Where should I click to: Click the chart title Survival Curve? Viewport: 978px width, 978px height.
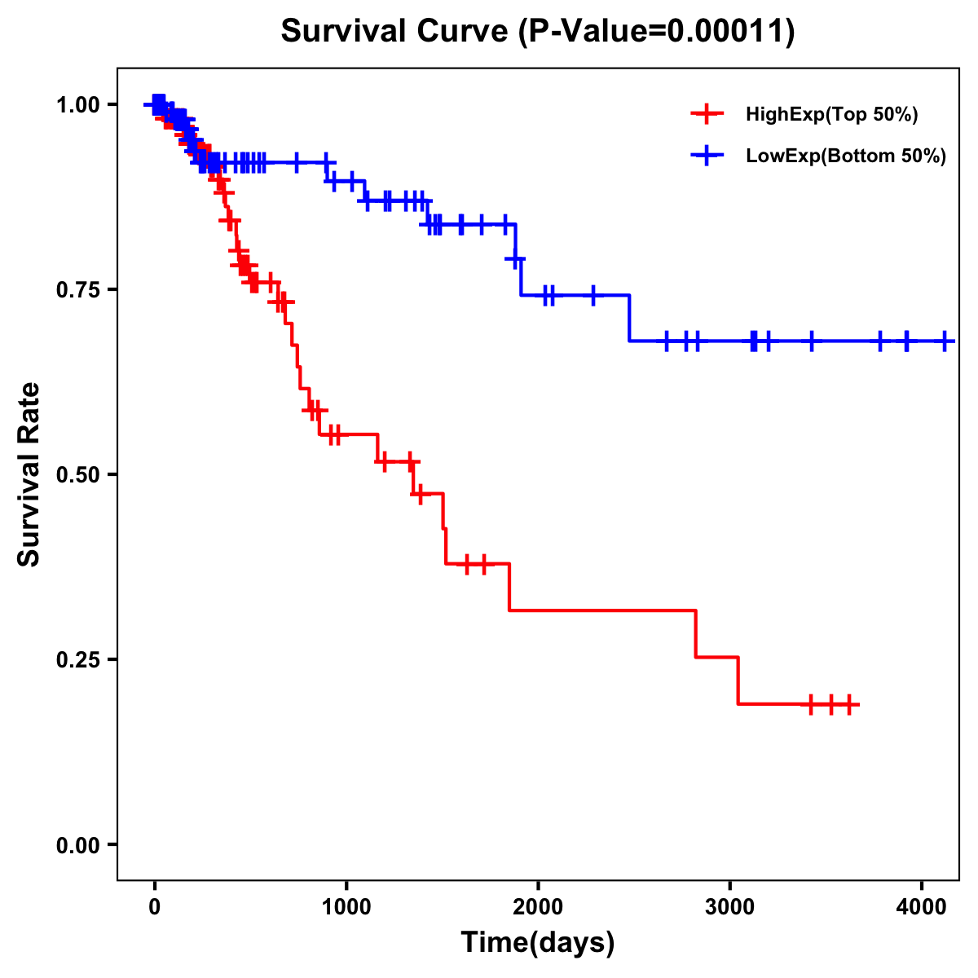[395, 32]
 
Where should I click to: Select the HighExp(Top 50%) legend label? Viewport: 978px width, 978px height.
[831, 115]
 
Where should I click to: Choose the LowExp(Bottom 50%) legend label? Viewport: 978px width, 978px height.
[846, 156]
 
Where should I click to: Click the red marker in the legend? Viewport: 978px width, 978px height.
[707, 114]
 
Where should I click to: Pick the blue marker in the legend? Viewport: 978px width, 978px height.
[707, 156]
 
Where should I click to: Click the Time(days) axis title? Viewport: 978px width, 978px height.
[538, 943]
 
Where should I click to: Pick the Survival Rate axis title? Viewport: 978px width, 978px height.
[29, 474]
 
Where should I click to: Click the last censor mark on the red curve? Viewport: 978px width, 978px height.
[849, 704]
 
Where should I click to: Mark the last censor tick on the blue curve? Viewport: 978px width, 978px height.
[945, 341]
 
